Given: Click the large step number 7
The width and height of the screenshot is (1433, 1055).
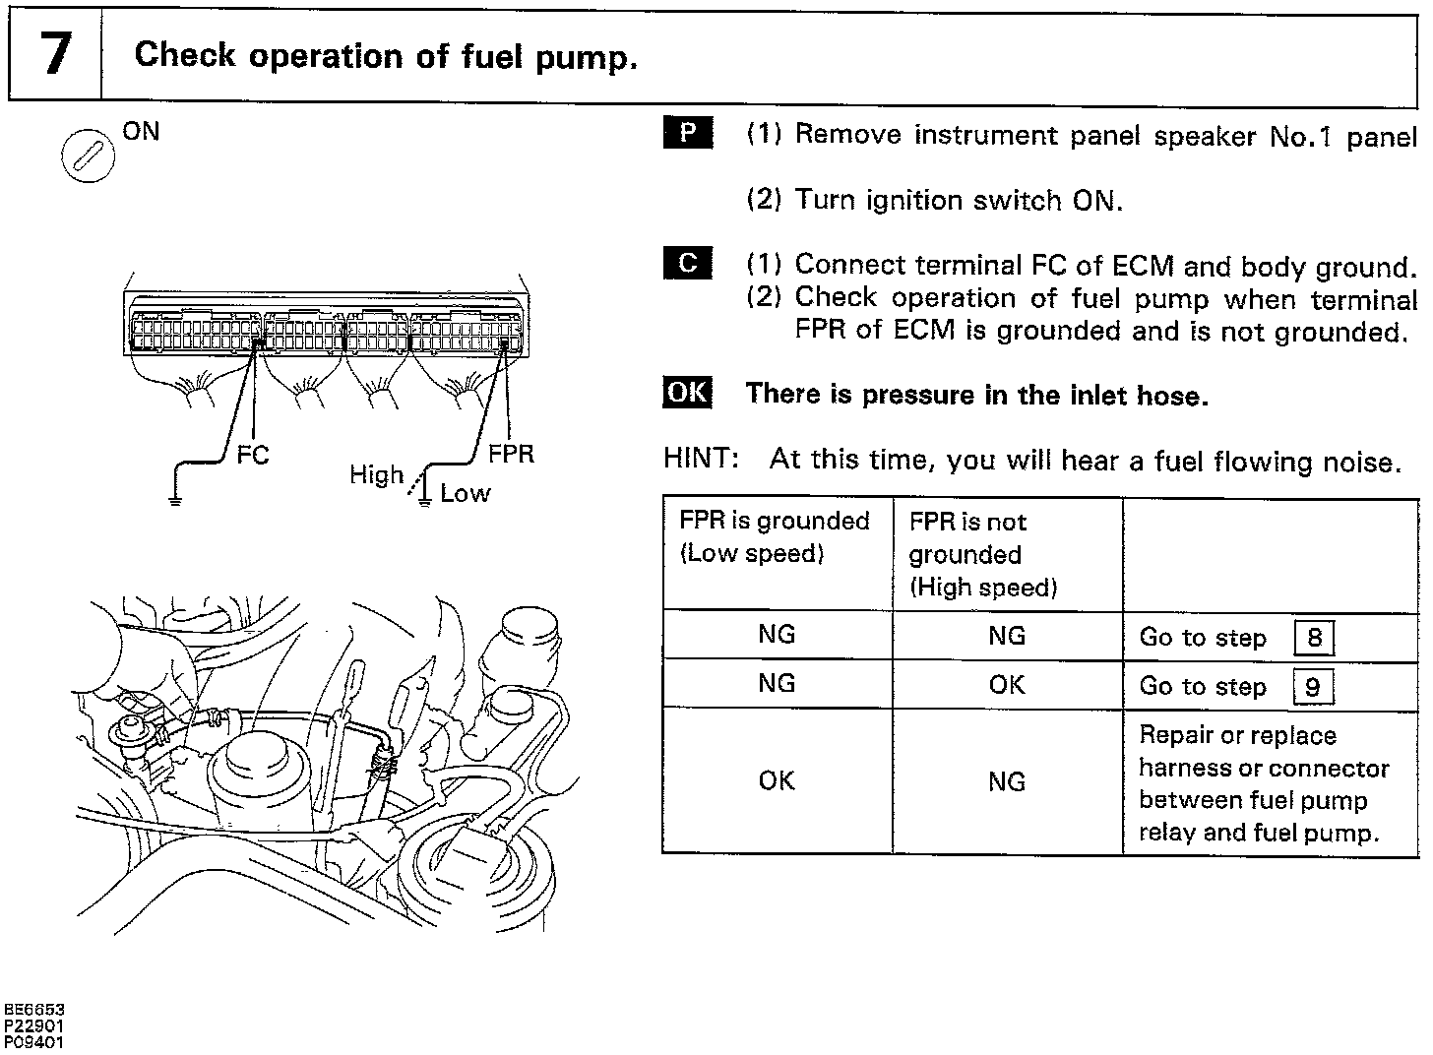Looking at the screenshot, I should click(54, 55).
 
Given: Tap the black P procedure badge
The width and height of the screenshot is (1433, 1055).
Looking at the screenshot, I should click(688, 133).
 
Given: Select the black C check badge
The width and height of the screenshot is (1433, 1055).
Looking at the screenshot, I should click(688, 264).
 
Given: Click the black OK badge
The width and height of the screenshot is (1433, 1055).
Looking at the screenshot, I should click(687, 393).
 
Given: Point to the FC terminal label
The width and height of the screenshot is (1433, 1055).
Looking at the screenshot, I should click(252, 455).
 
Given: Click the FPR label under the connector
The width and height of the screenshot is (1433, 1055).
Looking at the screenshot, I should click(511, 454).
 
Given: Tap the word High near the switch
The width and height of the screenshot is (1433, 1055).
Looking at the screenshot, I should click(376, 475).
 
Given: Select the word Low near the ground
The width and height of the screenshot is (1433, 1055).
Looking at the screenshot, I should click(465, 493).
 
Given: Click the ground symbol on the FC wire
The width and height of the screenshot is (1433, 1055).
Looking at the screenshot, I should click(175, 500).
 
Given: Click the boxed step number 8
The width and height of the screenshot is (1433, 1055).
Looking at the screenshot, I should click(1314, 639).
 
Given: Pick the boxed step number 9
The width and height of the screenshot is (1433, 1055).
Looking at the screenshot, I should click(1313, 687).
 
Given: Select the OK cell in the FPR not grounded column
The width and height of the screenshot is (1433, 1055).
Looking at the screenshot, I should click(1007, 685).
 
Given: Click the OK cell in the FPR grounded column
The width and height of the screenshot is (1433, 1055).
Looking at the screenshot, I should click(777, 780).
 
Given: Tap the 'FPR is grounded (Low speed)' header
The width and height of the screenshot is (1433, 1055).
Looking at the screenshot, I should click(775, 536).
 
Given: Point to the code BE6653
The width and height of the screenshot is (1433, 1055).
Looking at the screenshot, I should click(34, 1010).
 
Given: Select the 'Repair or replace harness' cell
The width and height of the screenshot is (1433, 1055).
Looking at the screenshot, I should click(1264, 783).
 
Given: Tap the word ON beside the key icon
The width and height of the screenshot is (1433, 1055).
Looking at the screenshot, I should click(141, 131).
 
